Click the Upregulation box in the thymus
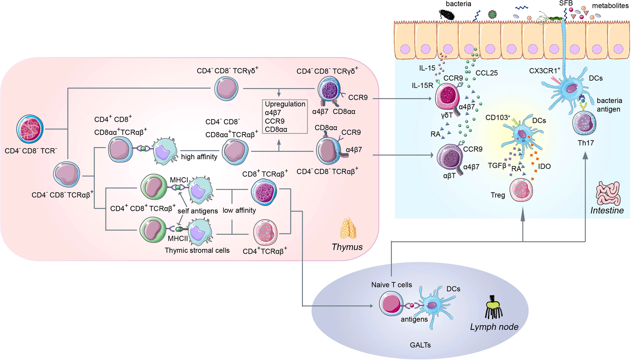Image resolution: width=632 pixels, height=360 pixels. pyautogui.click(x=285, y=117)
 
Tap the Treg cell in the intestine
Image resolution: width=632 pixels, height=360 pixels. pyautogui.click(x=521, y=190)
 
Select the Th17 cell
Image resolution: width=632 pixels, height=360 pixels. pyautogui.click(x=584, y=123)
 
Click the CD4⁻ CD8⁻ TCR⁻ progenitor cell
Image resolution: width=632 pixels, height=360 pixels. pyautogui.click(x=30, y=129)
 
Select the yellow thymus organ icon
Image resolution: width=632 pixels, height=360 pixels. pyautogui.click(x=348, y=228)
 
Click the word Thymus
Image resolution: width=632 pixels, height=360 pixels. pyautogui.click(x=347, y=247)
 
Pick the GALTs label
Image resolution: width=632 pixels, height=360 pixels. pyautogui.click(x=420, y=345)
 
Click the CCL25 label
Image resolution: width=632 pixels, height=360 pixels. pyautogui.click(x=486, y=73)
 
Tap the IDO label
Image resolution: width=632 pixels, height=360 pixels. pyautogui.click(x=544, y=166)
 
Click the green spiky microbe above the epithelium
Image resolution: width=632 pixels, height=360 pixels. pyautogui.click(x=492, y=14)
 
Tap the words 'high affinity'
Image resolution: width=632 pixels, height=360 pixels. pyautogui.click(x=199, y=157)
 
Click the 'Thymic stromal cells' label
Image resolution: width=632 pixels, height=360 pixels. pyautogui.click(x=197, y=250)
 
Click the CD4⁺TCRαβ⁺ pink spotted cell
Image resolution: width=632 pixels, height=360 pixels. pyautogui.click(x=265, y=232)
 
